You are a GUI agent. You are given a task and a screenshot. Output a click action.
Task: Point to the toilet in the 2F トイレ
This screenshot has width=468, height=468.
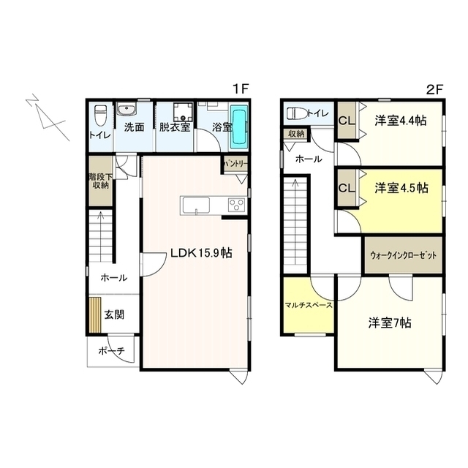click(296, 113)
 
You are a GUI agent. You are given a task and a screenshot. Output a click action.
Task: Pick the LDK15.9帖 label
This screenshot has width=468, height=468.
click(201, 254)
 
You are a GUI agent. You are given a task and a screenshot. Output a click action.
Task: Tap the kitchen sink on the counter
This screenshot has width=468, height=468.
click(195, 205)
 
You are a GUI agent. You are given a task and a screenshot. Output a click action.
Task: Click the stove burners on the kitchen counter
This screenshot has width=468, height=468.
click(236, 205)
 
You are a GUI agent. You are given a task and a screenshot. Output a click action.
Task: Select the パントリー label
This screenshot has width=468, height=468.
click(236, 163)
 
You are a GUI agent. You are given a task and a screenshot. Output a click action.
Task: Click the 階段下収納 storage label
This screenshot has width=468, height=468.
click(99, 181)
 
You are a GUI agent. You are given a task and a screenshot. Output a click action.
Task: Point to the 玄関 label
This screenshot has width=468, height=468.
click(113, 315)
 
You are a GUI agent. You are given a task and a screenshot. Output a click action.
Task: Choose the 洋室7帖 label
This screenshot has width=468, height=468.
click(389, 322)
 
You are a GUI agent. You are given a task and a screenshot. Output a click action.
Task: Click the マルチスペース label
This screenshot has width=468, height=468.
click(309, 304)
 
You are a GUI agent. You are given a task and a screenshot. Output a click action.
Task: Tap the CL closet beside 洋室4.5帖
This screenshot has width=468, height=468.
click(347, 188)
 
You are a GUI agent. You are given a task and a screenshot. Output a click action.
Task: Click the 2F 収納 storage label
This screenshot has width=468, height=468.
click(296, 134)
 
